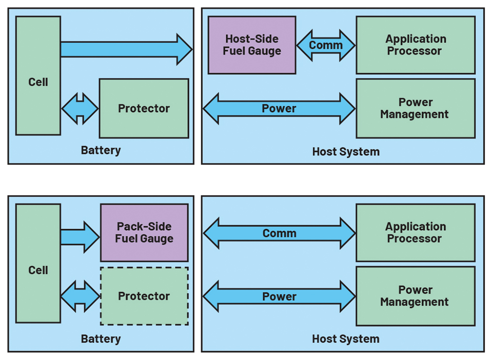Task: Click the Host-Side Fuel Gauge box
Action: [252, 45]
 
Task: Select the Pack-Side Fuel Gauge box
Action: [144, 233]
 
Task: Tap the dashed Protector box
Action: [144, 296]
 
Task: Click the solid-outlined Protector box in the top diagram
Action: [144, 108]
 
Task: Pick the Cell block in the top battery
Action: [38, 76]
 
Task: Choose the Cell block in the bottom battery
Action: [38, 264]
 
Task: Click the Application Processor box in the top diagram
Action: [416, 45]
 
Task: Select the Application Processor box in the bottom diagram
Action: [416, 233]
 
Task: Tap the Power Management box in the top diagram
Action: [416, 108]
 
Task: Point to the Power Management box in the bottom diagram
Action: [416, 296]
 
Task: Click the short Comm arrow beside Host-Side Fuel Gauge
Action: [326, 45]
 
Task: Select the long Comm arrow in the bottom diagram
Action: [279, 233]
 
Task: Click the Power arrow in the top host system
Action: [279, 109]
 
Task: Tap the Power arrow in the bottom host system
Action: [279, 297]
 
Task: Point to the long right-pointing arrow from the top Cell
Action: [126, 49]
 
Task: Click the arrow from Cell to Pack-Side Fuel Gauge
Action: [80, 237]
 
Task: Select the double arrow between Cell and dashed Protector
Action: [80, 297]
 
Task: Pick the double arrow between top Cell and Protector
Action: [80, 109]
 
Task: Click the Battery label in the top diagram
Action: [101, 150]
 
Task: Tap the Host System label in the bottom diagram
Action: [346, 339]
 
